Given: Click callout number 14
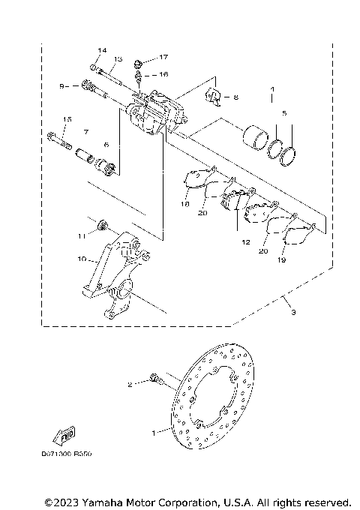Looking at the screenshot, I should click(x=98, y=49).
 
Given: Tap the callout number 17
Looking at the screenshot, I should click(x=163, y=58).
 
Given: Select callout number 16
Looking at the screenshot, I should click(x=163, y=74).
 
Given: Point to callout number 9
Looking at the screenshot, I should click(x=64, y=86).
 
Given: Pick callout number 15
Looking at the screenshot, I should click(x=67, y=120).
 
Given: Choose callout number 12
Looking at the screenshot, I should click(x=244, y=242).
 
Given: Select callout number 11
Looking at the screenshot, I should click(x=81, y=235).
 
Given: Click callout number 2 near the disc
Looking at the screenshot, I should click(x=129, y=385).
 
